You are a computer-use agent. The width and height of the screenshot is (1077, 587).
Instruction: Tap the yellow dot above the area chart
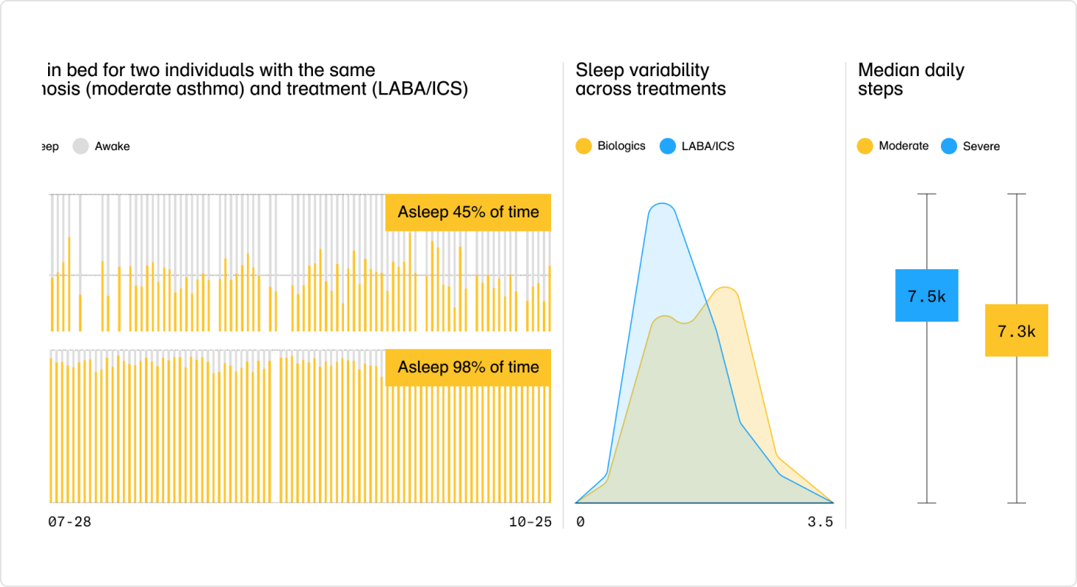pos(584,146)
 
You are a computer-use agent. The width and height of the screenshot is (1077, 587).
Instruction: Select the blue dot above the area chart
pos(667,146)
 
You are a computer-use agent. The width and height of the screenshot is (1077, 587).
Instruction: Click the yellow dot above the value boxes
pos(864,146)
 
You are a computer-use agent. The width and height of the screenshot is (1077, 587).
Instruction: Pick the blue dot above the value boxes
pos(949,146)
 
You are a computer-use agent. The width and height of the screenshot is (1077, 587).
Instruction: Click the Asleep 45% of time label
pos(468,213)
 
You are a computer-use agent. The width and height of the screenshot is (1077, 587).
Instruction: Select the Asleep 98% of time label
pos(468,367)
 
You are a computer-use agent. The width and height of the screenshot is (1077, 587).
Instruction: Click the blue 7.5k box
pos(926,296)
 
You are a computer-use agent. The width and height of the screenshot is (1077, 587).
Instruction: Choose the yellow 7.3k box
pos(1016,330)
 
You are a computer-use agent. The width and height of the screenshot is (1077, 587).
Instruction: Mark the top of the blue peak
pos(663,204)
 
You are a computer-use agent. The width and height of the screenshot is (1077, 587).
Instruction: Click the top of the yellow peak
pos(725,289)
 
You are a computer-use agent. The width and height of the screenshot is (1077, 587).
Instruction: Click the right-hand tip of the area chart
pos(834,502)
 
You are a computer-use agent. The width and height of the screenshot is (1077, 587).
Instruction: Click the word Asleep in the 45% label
pos(419,213)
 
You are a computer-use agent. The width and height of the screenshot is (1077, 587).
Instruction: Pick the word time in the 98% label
pos(524,367)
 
